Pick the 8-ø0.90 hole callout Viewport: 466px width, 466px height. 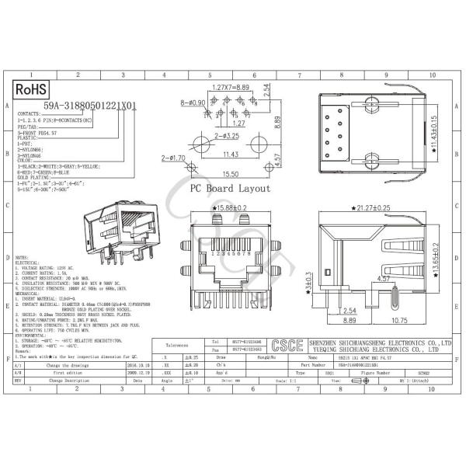click(194, 103)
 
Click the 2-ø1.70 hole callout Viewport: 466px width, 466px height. click(172, 158)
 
